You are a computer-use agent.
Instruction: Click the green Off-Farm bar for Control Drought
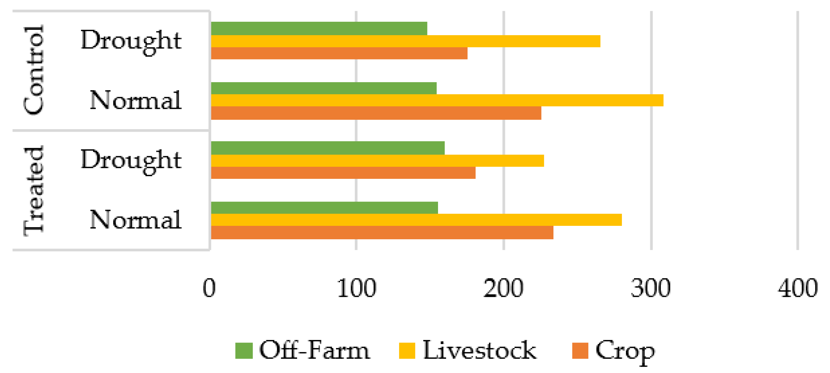[319, 28]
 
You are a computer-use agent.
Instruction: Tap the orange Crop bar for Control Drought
[339, 53]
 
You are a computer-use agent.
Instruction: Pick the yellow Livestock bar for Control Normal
[437, 100]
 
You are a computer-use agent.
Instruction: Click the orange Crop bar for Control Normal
[376, 113]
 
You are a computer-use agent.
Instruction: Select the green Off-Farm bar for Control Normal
[324, 88]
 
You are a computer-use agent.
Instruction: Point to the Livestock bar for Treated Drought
[377, 161]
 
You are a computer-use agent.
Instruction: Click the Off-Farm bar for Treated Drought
[328, 148]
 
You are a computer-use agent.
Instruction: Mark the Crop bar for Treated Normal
[382, 233]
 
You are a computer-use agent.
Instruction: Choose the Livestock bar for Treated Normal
[416, 220]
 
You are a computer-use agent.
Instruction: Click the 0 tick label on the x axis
[209, 288]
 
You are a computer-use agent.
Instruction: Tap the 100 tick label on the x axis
[357, 288]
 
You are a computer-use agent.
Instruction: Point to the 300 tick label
[650, 288]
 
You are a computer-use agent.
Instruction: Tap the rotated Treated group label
[34, 191]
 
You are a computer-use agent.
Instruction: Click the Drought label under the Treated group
[131, 160]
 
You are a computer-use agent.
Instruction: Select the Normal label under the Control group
[135, 100]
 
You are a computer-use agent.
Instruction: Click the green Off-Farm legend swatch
[244, 351]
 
